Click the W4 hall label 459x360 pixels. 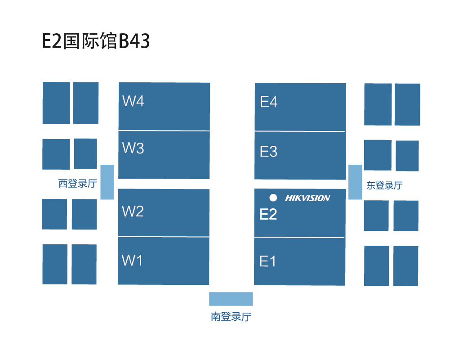[133, 101]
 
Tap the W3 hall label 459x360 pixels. [133, 148]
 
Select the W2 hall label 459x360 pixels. [133, 211]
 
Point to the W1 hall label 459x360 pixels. [132, 260]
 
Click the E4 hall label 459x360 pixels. [268, 102]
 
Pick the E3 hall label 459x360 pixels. [268, 152]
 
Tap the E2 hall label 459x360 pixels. [268, 215]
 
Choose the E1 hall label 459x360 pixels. [267, 261]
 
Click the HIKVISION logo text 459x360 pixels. [307, 198]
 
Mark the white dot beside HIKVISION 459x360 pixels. [273, 198]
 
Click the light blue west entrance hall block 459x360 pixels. [107, 182]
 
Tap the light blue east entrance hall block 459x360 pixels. [355, 182]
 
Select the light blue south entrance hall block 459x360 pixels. [231, 299]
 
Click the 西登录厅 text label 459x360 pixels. [77, 184]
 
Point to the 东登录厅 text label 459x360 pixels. [384, 185]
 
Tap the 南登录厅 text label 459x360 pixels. [231, 317]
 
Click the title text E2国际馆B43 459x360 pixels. [96, 41]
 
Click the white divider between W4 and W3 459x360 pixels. [164, 131]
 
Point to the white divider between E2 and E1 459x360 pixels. [299, 238]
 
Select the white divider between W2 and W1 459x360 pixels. [164, 237]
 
